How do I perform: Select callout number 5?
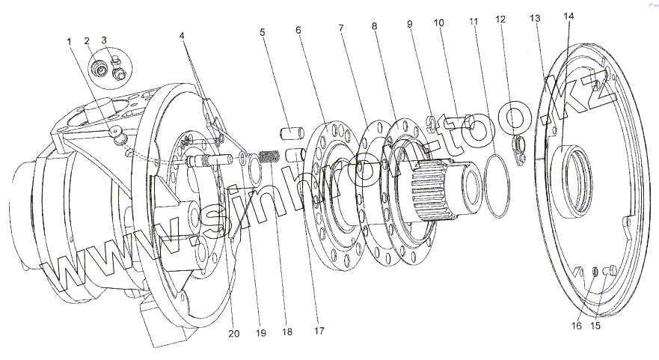263,32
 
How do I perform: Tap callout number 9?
410,24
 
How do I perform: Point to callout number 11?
473,22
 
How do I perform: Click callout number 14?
569,16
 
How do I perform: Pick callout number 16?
577,326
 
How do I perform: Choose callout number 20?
234,333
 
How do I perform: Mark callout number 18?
286,331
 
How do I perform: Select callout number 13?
534,17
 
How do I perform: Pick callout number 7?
341,28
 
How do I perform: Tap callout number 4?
183,34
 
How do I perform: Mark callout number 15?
596,326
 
